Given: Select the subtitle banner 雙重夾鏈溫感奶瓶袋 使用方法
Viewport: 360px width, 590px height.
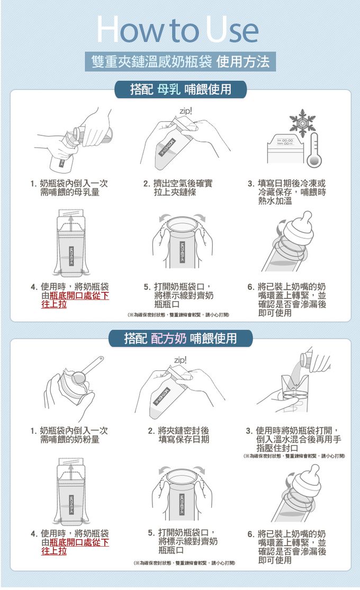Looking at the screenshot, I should pos(180,61).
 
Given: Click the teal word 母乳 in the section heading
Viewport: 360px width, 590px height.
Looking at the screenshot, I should pos(168,89).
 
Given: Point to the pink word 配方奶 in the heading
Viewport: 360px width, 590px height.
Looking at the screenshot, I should pos(169,338).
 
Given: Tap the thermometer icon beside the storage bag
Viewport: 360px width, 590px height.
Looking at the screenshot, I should pos(313,151).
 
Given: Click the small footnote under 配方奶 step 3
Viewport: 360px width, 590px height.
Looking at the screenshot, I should pos(294,456).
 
